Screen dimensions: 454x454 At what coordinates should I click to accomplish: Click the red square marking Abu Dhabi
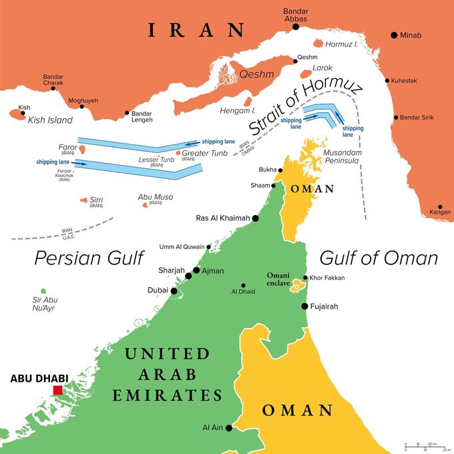pyautogui.click(x=58, y=390)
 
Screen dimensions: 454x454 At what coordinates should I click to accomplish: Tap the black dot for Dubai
pyautogui.click(x=174, y=290)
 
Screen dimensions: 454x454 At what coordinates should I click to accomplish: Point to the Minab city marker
pyautogui.click(x=394, y=35)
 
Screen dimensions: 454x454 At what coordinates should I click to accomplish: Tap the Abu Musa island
pyautogui.click(x=145, y=204)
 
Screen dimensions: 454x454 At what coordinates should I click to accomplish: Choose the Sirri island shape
pyautogui.click(x=83, y=200)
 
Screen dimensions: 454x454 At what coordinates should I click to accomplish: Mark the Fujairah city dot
pyautogui.click(x=305, y=306)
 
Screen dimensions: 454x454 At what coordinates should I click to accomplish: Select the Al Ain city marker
pyautogui.click(x=228, y=428)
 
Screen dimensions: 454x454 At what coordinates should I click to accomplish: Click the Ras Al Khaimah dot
pyautogui.click(x=256, y=218)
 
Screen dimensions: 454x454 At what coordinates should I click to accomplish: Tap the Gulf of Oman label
pyautogui.click(x=379, y=258)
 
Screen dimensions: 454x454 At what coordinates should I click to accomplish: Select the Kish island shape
pyautogui.click(x=13, y=115)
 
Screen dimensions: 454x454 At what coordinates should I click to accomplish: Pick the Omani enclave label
pyautogui.click(x=279, y=279)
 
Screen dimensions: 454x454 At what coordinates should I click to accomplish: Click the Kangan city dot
pyautogui.click(x=440, y=208)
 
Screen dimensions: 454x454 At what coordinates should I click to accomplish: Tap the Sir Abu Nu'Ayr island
pyautogui.click(x=43, y=291)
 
